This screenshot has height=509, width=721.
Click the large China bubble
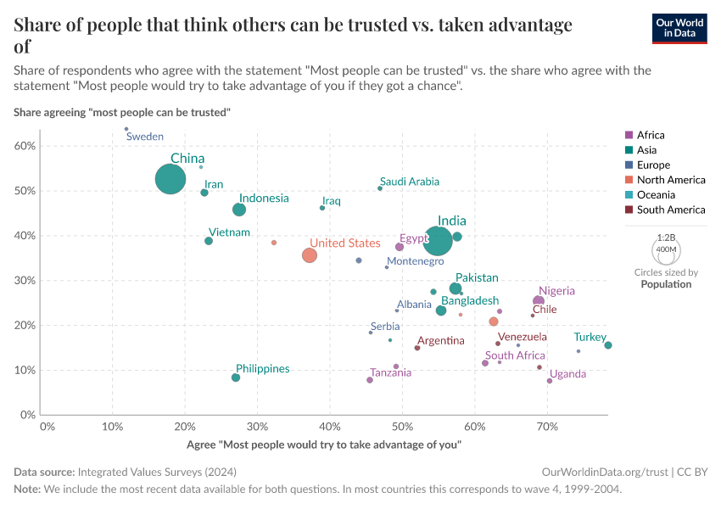click(170, 180)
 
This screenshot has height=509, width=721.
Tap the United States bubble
click(310, 255)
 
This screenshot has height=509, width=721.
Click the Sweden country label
click(144, 137)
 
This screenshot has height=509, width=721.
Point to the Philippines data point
click(236, 378)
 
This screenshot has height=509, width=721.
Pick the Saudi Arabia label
click(410, 182)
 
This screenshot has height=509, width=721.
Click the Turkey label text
click(590, 338)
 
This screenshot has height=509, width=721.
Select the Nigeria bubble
click(539, 301)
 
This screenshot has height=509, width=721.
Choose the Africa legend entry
click(651, 135)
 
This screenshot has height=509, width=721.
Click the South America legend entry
click(670, 210)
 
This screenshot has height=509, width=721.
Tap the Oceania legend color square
click(629, 194)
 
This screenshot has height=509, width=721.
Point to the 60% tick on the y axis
click(25, 146)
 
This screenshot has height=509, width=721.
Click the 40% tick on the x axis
click(330, 426)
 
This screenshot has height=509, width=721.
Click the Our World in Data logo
click(679, 28)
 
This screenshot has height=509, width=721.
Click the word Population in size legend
click(666, 284)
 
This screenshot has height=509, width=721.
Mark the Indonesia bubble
click(239, 210)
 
